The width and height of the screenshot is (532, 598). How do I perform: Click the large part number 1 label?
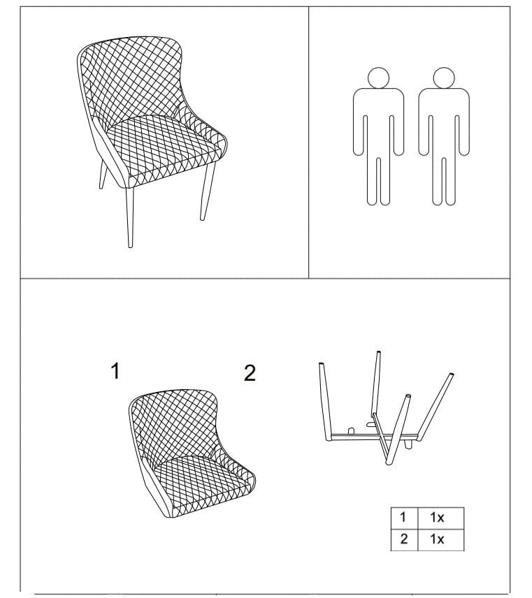tap(115, 371)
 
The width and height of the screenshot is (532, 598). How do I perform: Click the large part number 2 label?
tap(250, 373)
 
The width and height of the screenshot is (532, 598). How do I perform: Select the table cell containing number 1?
tap(404, 518)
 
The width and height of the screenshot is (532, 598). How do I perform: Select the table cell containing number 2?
tap(404, 539)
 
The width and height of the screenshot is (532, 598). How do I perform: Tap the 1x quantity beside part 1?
tap(437, 518)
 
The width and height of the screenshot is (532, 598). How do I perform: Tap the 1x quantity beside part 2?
tap(437, 539)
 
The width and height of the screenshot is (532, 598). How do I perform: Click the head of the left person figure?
tap(378, 78)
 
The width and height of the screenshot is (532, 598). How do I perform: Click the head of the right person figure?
tap(444, 78)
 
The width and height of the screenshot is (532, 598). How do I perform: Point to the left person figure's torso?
tap(378, 122)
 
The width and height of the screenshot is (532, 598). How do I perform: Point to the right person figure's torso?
tap(444, 122)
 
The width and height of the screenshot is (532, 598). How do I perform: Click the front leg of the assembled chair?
tap(129, 217)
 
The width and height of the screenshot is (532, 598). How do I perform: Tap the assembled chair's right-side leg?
tap(208, 191)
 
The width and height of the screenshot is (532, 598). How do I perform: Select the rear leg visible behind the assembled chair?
tap(103, 175)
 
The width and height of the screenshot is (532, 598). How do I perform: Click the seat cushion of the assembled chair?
tap(165, 147)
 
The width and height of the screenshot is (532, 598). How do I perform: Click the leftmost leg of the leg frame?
tap(325, 402)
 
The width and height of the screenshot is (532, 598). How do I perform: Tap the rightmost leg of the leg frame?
tap(435, 407)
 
